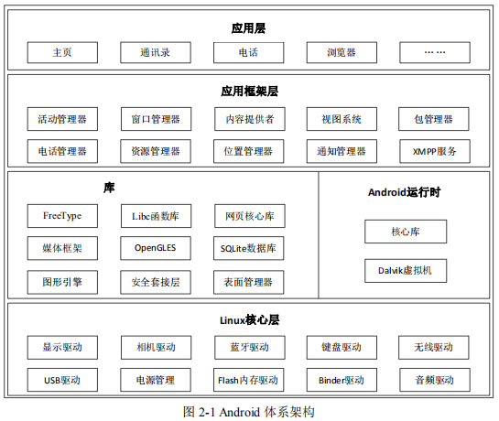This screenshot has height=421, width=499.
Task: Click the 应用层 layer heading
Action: [248, 28]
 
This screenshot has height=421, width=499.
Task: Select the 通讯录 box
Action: [156, 52]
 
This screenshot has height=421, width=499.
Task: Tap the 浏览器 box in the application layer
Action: [342, 52]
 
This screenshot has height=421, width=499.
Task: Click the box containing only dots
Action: [435, 52]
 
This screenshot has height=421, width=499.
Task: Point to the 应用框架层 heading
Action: [250, 92]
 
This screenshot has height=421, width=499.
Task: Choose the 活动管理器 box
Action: [62, 119]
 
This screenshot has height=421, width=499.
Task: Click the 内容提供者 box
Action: [250, 119]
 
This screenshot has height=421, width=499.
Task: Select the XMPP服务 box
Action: [435, 151]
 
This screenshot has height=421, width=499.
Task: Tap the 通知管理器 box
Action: [342, 151]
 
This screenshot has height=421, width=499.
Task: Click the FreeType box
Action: [62, 216]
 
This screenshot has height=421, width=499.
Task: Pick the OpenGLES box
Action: [156, 248]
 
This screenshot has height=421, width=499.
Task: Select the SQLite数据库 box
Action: [248, 248]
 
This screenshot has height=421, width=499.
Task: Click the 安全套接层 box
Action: [156, 282]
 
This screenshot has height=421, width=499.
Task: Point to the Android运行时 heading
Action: [404, 192]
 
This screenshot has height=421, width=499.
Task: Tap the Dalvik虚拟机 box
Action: [406, 271]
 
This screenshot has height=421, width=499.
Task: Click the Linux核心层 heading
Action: [249, 320]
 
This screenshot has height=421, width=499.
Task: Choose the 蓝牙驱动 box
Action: [250, 348]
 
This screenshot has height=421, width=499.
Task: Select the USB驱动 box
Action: [62, 380]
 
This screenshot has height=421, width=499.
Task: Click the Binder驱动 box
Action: [342, 380]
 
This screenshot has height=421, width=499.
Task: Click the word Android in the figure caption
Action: [239, 413]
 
